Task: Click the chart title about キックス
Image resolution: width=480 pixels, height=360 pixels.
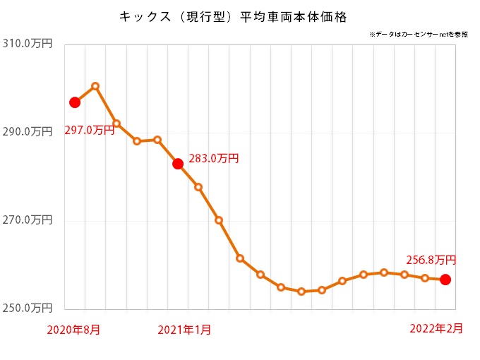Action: [x=233, y=15]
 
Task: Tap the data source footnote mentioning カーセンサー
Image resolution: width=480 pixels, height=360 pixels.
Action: [x=418, y=34]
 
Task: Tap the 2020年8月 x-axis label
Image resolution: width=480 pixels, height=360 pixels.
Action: [x=73, y=329]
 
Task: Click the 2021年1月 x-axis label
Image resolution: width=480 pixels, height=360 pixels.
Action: [x=184, y=329]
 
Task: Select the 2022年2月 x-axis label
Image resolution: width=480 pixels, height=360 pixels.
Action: [x=437, y=328]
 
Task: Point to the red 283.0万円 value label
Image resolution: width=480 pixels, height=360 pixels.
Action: [x=214, y=158]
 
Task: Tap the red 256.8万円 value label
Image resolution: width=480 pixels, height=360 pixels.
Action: [x=431, y=260]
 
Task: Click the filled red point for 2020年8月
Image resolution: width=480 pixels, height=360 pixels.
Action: [x=75, y=102]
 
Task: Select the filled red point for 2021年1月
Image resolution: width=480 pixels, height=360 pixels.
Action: [x=178, y=164]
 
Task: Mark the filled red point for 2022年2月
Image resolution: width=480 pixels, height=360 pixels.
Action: [x=445, y=280]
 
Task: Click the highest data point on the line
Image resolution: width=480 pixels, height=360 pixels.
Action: [x=95, y=86]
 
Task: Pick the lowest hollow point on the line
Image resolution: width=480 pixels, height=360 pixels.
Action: [x=301, y=291]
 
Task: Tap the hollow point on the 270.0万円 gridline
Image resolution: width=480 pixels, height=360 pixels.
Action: [x=219, y=220]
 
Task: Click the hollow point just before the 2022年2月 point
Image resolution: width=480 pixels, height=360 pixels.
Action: [x=425, y=278]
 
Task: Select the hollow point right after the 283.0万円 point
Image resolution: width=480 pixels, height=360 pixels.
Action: [x=198, y=187]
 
